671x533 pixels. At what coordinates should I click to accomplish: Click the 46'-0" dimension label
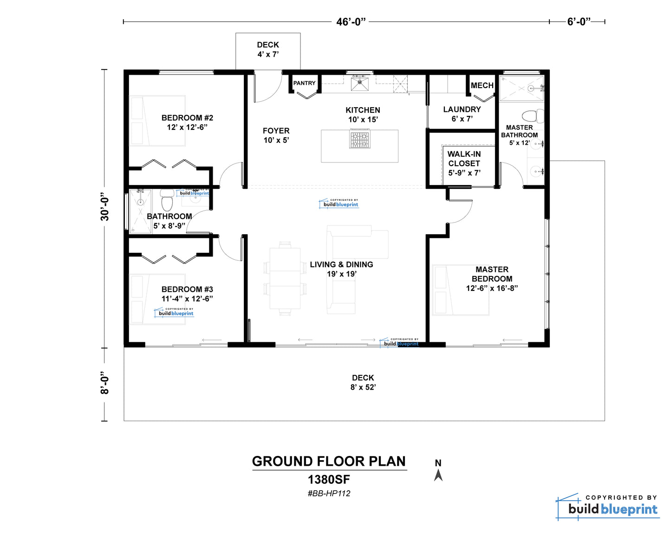pyautogui.click(x=351, y=22)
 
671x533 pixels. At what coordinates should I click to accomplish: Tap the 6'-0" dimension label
pyautogui.click(x=579, y=21)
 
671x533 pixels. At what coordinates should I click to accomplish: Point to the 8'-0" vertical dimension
pyautogui.click(x=104, y=383)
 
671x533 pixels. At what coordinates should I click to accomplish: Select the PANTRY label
pyautogui.click(x=304, y=83)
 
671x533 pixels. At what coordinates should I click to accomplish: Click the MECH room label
pyautogui.click(x=482, y=85)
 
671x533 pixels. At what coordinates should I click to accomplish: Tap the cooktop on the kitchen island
pyautogui.click(x=360, y=140)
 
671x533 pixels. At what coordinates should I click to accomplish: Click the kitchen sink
pyautogui.click(x=359, y=84)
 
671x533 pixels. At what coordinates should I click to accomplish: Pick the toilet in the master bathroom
pyautogui.click(x=533, y=116)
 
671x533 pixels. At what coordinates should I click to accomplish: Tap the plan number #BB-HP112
pyautogui.click(x=329, y=494)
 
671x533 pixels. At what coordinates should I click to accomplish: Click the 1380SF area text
pyautogui.click(x=329, y=480)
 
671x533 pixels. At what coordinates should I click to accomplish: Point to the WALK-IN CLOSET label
pyautogui.click(x=464, y=163)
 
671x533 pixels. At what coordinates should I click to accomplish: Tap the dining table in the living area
pyautogui.click(x=285, y=278)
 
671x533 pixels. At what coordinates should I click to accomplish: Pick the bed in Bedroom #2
pyautogui.click(x=157, y=121)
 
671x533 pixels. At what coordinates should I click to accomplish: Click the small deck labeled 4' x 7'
pyautogui.click(x=268, y=51)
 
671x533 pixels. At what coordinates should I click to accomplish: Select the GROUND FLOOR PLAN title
pyautogui.click(x=329, y=462)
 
